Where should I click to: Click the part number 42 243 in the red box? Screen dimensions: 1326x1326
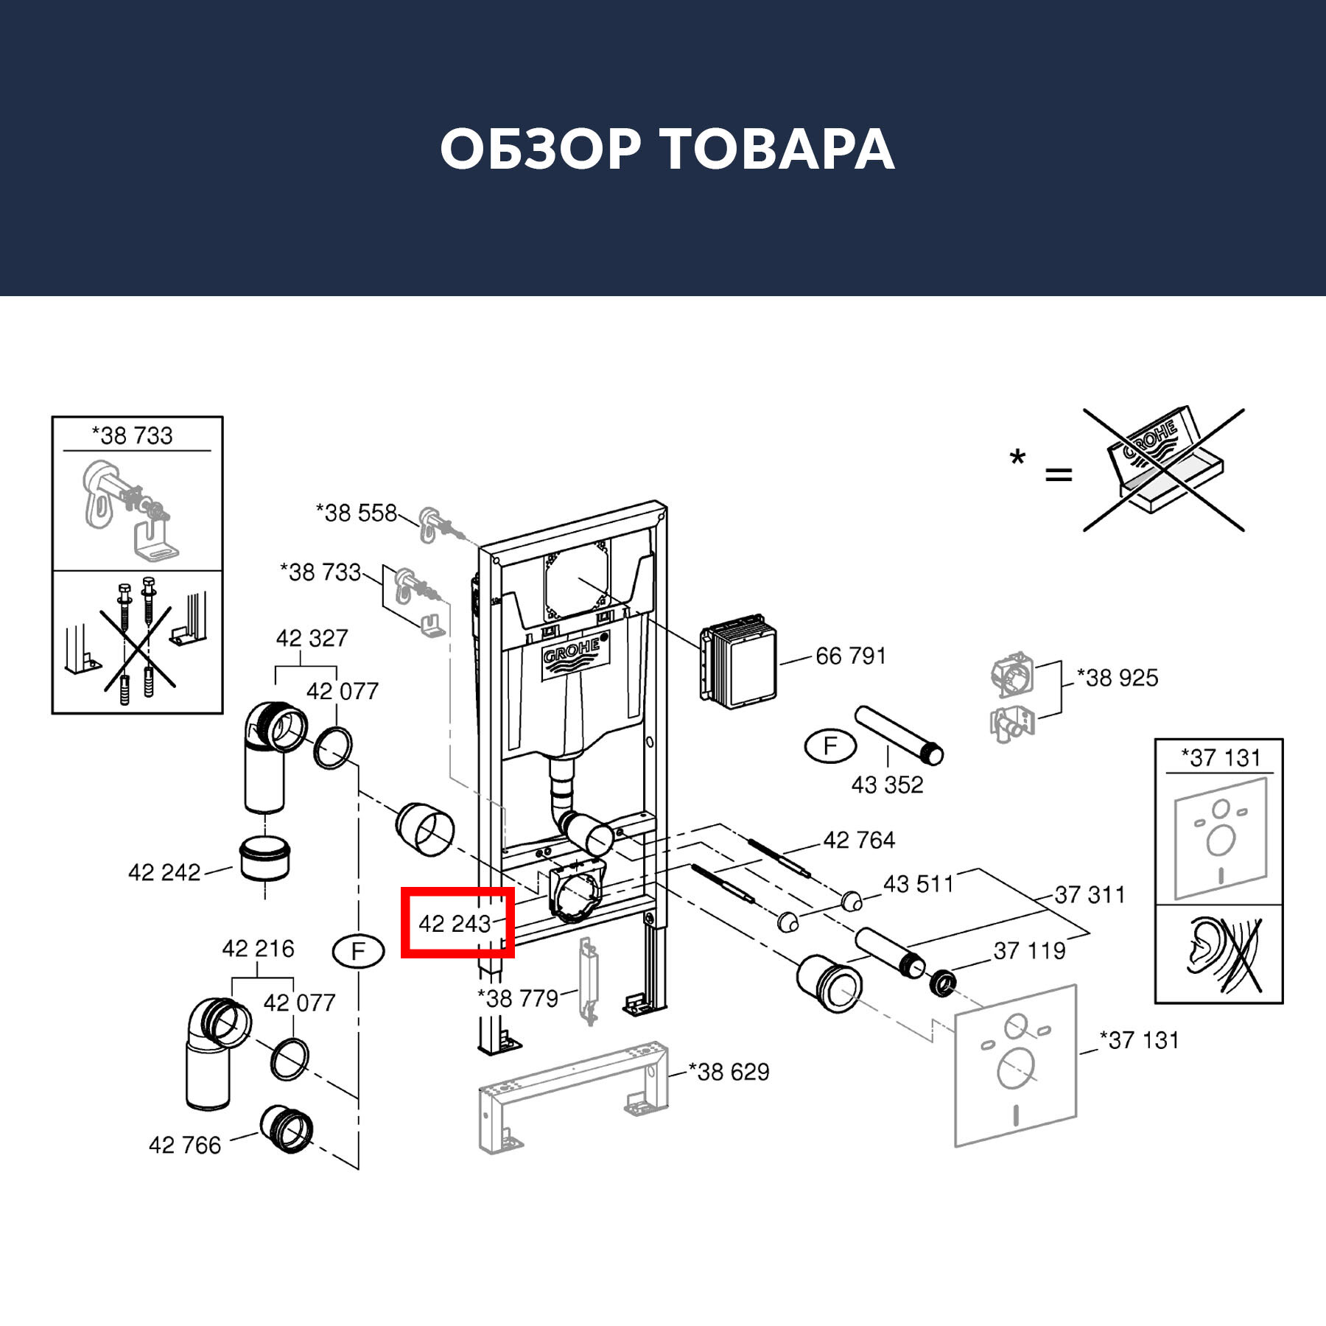tap(455, 924)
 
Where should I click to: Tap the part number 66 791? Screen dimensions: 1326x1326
tap(850, 656)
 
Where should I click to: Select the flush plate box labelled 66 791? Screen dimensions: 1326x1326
tap(739, 664)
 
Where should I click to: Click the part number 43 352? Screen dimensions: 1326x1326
tap(887, 785)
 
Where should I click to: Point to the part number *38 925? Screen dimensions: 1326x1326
tap(1117, 678)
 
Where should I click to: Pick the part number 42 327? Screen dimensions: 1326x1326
tap(312, 638)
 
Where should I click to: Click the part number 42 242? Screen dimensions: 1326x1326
tap(164, 873)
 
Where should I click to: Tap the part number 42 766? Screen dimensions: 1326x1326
tap(185, 1145)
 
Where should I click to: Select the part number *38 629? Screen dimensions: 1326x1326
tap(729, 1072)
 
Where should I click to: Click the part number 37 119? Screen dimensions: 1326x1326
tap(1029, 951)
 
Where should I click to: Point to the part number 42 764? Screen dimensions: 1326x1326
tap(859, 840)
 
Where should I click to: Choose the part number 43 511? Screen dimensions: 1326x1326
tap(918, 884)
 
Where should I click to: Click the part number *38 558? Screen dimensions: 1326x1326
tap(357, 513)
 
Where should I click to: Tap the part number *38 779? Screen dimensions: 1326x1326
tap(518, 999)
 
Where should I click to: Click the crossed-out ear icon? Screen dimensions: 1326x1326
tap(1218, 953)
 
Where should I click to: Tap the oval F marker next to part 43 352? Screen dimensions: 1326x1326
tap(830, 746)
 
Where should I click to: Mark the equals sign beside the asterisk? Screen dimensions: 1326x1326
tap(1059, 475)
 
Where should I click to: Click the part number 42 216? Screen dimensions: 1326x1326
tap(258, 949)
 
